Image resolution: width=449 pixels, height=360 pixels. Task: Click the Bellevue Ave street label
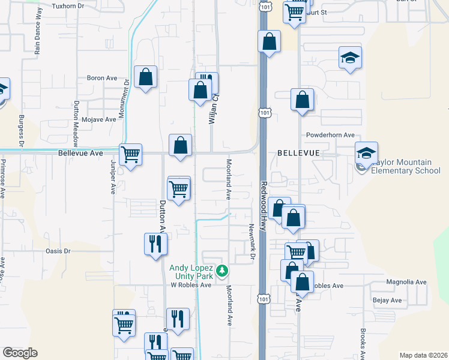pos(80,154)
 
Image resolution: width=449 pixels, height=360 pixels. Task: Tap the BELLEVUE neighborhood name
pos(299,154)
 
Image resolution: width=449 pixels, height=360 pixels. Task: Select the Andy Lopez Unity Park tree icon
pos(223,271)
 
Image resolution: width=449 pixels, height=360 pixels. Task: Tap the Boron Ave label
pos(101,78)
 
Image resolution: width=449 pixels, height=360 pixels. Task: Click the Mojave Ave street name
pos(98,119)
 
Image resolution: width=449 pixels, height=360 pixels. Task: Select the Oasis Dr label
pos(58,251)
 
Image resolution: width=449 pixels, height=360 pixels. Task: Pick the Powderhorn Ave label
pos(330,136)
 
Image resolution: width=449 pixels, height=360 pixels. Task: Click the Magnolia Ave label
pos(406,282)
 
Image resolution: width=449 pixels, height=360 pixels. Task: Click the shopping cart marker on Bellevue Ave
pos(131,154)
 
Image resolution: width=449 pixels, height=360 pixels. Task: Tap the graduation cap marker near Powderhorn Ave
pos(366,152)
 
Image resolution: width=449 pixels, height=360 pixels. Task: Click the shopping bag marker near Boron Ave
pos(145,77)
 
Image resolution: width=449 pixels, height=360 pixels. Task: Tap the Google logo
pos(20,353)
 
